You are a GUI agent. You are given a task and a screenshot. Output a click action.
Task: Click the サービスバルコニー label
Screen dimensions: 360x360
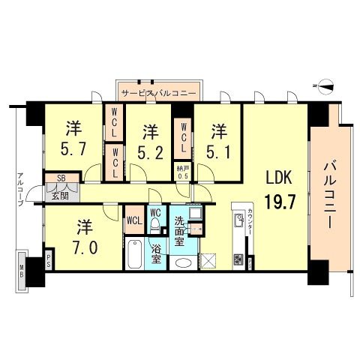click(158, 94)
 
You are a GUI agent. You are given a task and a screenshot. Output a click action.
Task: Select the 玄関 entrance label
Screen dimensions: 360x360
click(59, 196)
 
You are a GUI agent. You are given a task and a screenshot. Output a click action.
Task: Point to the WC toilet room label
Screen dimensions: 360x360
click(155, 213)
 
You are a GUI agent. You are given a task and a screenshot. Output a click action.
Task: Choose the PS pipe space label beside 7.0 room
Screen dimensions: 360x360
click(49, 262)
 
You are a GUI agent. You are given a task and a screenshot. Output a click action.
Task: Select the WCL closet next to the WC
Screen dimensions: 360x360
click(134, 220)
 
